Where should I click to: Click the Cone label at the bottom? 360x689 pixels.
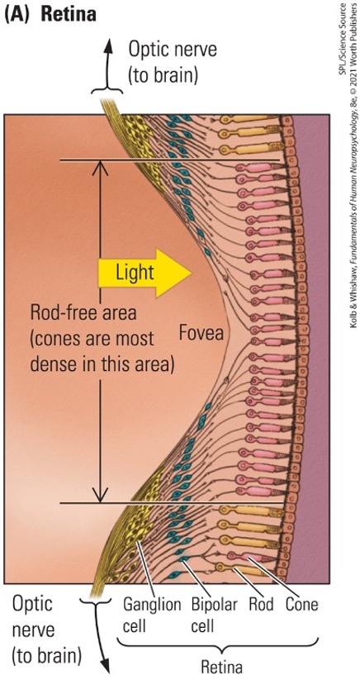coord(301,604)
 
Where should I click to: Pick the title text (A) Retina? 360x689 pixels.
coord(52,14)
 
